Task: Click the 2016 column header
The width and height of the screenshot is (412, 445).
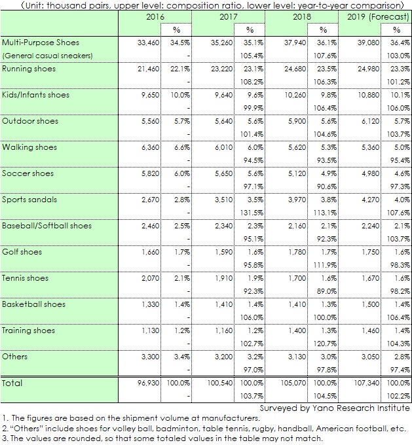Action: tap(155, 17)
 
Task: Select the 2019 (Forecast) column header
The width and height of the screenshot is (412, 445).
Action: tap(378, 17)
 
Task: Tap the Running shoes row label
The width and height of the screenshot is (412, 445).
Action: tap(29, 69)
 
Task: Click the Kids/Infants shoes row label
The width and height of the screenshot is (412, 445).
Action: tap(35, 95)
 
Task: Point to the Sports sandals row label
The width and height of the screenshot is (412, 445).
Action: tap(29, 200)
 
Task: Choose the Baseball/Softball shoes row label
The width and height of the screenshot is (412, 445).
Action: tap(47, 226)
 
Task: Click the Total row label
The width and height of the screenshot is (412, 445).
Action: tap(12, 383)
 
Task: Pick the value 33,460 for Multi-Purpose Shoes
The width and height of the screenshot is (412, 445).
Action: tap(148, 43)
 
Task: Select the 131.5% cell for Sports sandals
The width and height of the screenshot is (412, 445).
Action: tap(252, 213)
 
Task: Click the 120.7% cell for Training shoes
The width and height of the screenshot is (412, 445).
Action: tap(325, 344)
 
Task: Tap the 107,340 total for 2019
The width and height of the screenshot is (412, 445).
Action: tap(367, 383)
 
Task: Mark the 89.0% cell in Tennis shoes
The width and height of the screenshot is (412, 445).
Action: tap(327, 291)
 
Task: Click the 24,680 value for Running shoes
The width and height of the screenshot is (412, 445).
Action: tap(295, 69)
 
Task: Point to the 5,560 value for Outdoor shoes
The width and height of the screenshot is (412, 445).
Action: tap(151, 121)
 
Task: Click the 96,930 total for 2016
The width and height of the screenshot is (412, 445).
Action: tap(148, 383)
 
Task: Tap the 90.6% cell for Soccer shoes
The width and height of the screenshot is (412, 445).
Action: tap(327, 187)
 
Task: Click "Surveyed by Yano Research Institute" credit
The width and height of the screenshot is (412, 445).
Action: tap(335, 408)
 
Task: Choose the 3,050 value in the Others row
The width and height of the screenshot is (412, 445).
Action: tap(371, 357)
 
